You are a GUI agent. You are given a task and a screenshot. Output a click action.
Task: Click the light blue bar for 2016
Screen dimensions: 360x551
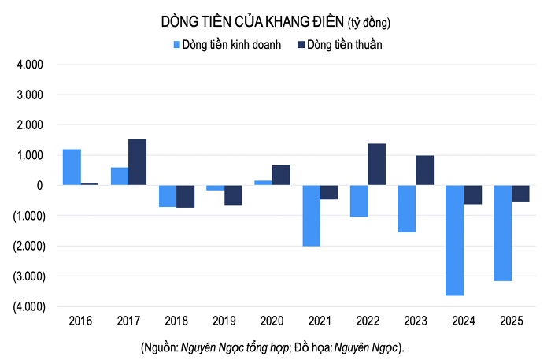pyautogui.click(x=72, y=167)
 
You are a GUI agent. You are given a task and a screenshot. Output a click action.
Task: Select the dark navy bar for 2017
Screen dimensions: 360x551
pyautogui.click(x=137, y=161)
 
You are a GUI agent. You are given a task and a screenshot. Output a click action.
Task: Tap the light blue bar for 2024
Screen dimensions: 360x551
pyautogui.click(x=454, y=240)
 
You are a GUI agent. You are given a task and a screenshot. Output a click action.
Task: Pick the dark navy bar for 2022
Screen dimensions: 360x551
pyautogui.click(x=377, y=165)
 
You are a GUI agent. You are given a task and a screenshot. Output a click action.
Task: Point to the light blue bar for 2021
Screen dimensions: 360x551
pyautogui.click(x=311, y=216)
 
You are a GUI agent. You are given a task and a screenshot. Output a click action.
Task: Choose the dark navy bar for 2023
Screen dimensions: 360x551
pyautogui.click(x=425, y=170)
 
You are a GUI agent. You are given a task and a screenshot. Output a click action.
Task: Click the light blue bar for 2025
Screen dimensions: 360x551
pyautogui.click(x=502, y=233)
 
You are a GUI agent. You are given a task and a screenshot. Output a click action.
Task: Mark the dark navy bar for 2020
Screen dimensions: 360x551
pyautogui.click(x=281, y=175)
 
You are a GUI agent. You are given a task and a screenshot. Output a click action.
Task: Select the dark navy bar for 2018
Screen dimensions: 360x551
pyautogui.click(x=185, y=196)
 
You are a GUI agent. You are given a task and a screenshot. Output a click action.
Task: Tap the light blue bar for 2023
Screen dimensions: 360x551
pyautogui.click(x=406, y=209)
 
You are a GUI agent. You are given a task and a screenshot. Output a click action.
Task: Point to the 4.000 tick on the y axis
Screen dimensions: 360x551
pyautogui.click(x=29, y=65)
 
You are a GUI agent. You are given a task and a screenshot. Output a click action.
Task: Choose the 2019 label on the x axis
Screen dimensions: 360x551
pyautogui.click(x=224, y=321)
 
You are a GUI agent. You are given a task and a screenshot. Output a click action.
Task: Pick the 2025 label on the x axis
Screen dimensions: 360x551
pyautogui.click(x=512, y=321)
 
